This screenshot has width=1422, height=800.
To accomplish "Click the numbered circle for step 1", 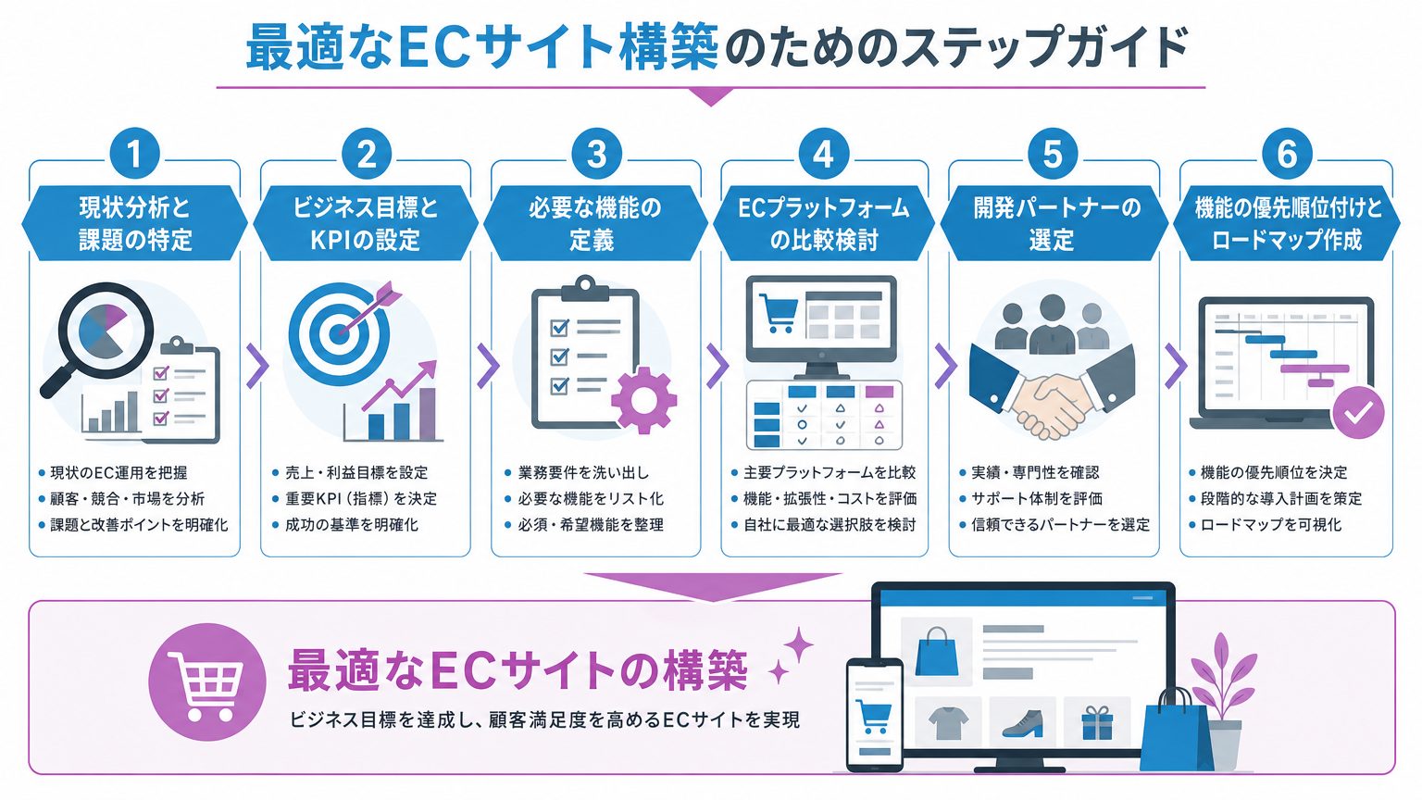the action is (x=134, y=154).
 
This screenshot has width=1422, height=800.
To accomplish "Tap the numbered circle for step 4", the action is (x=823, y=154).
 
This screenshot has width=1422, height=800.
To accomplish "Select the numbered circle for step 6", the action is (x=1287, y=154).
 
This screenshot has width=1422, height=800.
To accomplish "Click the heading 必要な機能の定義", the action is (x=595, y=223).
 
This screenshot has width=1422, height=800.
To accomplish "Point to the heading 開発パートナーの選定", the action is (x=1054, y=223).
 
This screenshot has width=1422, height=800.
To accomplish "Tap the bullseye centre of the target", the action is (x=340, y=334).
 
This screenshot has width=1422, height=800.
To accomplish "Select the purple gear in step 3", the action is (x=643, y=400).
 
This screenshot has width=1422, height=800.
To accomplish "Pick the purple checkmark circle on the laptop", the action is (x=1358, y=413).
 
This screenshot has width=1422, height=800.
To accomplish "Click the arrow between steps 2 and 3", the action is (x=488, y=366).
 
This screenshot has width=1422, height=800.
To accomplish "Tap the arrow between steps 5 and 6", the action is (x=1176, y=366).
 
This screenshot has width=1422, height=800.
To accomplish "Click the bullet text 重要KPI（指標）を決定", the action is (x=360, y=498).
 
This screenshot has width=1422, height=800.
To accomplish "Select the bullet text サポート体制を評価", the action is (x=1037, y=498).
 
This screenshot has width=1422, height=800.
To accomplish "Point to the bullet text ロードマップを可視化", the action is (x=1271, y=525).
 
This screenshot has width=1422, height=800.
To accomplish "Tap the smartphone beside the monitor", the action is (x=875, y=714).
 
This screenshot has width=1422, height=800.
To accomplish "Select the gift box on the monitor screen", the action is (x=1097, y=723).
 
